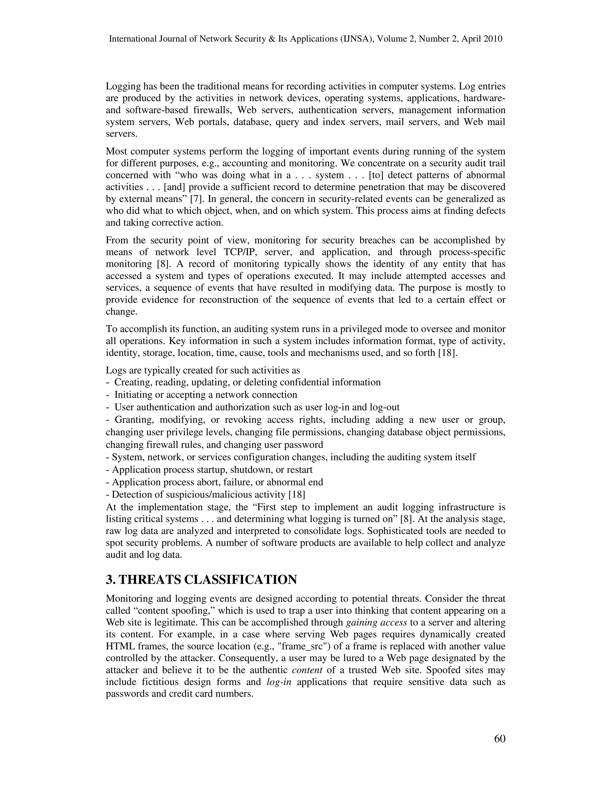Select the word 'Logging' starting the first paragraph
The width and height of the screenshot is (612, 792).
[x=123, y=86]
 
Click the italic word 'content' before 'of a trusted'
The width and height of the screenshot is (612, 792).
[x=307, y=670]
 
